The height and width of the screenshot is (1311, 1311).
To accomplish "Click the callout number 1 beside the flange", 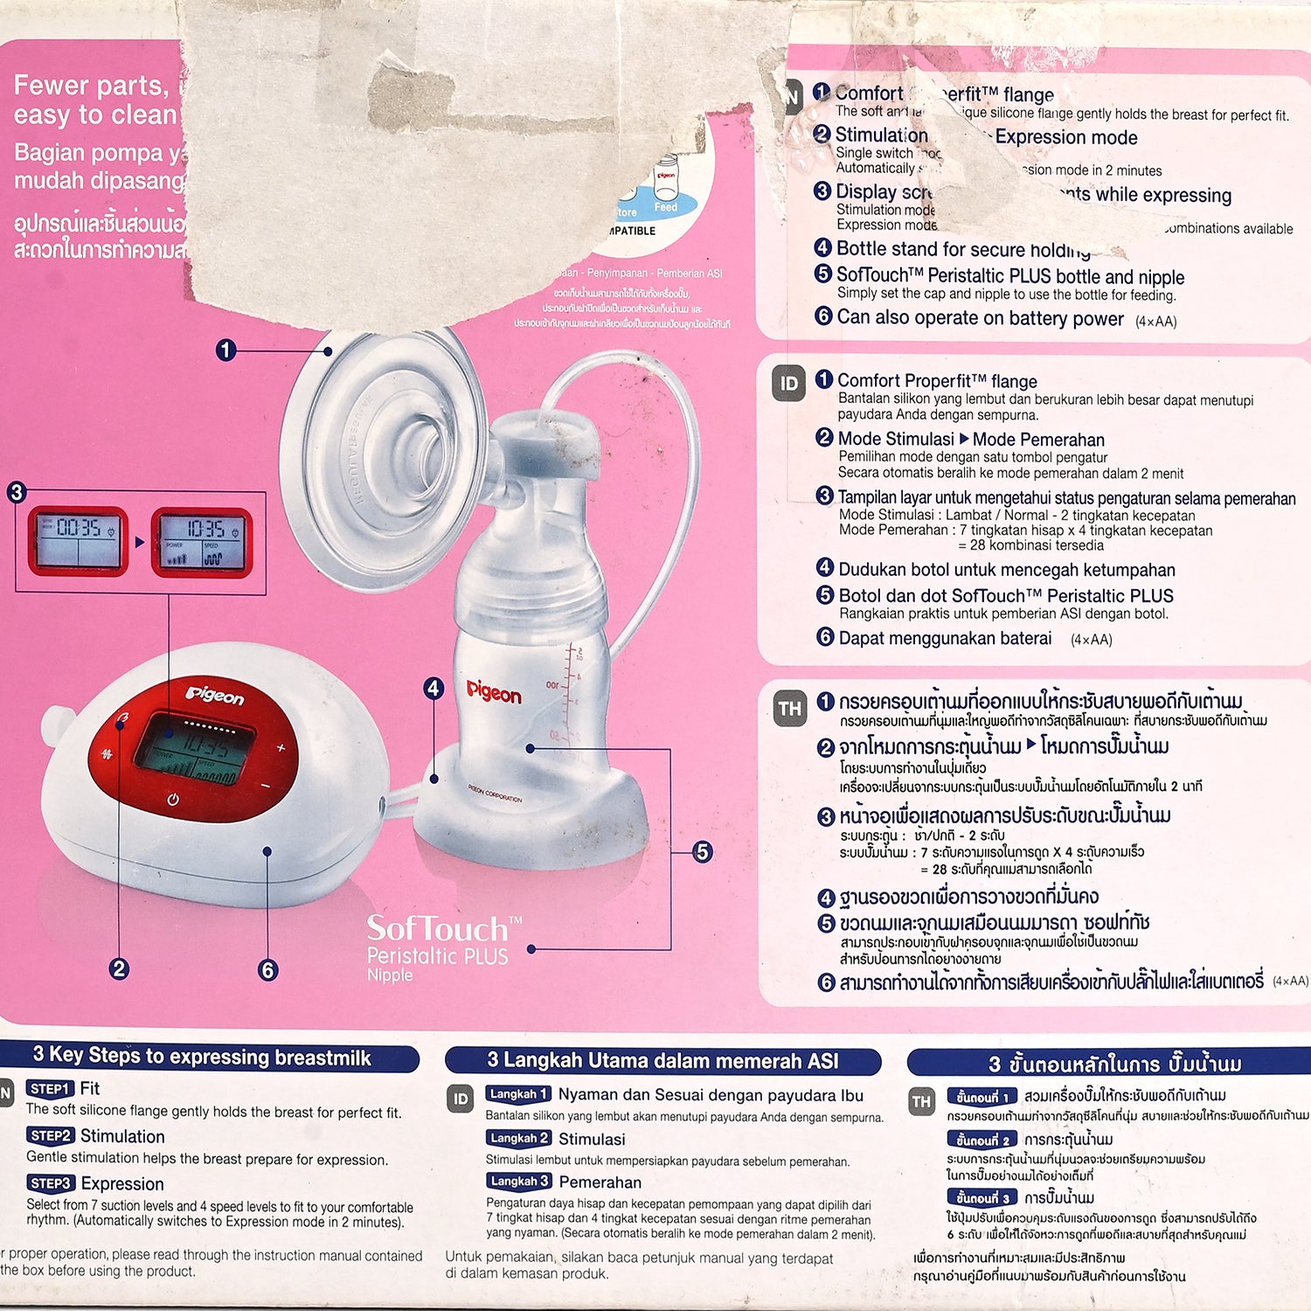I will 225,350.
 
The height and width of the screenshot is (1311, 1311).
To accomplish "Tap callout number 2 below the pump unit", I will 120,968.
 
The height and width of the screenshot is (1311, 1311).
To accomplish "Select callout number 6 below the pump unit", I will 268,969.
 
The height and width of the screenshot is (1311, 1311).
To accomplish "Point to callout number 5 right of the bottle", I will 702,851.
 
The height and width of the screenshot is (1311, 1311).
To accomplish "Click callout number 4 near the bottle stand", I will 434,688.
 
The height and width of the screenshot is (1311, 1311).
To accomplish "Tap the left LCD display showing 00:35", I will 78,541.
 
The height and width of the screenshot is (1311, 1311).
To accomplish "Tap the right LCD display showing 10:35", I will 202,543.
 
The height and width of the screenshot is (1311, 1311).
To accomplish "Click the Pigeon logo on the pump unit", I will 215,696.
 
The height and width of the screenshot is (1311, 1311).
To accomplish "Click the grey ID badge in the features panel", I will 788,384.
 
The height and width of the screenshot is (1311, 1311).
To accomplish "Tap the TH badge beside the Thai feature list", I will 789,709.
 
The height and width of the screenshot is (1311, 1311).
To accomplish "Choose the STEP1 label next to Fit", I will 50,1089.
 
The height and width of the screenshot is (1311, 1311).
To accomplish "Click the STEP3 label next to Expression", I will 50,1183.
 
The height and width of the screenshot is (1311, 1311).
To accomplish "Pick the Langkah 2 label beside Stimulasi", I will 519,1138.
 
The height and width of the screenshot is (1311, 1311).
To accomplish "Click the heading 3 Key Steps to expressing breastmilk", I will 203,1057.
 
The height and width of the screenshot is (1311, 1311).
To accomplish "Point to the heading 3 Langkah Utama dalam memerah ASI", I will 662,1061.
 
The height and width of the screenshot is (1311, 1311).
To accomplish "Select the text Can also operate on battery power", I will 980,318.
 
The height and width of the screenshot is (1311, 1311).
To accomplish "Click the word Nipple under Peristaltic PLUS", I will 390,975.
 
